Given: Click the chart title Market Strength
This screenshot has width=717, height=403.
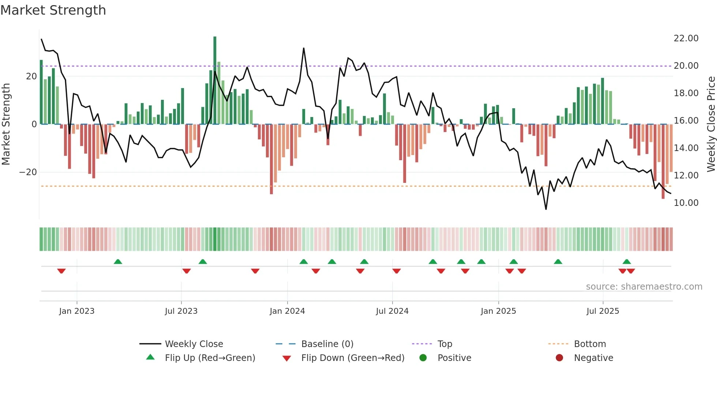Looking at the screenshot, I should pos(53,10).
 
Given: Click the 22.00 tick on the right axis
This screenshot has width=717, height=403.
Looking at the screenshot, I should pos(686,38).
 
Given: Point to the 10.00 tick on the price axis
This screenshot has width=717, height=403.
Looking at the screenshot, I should pos(686,203).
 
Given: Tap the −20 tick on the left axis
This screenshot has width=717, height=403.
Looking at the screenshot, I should pos(28,172).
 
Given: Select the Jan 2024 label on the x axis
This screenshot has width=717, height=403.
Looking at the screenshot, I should pos(287,311).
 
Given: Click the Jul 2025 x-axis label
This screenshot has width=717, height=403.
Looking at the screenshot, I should pos(602,311).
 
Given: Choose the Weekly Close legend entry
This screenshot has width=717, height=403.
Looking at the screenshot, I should pos(194,344).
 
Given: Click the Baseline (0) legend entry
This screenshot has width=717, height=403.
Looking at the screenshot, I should pos(327,344).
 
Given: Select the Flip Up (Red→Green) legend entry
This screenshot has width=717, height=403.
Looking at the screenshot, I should pos(210,358).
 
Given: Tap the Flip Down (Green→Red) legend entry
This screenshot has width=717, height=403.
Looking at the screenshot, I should pos(353,358).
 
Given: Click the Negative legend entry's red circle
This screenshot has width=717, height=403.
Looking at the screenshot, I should pos(559,358).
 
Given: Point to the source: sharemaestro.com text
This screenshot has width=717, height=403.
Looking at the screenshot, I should pos(644,287).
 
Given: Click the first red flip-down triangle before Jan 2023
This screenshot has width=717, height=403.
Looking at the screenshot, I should pos(61,271).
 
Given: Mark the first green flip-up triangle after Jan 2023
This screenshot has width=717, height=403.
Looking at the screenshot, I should pos(118,261).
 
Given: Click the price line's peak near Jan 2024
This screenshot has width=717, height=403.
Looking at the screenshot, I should pos(304,48).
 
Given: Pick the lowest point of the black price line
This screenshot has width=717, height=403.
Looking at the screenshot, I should pos(546,209).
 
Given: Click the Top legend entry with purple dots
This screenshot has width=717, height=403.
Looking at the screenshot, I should pos(444,344).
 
